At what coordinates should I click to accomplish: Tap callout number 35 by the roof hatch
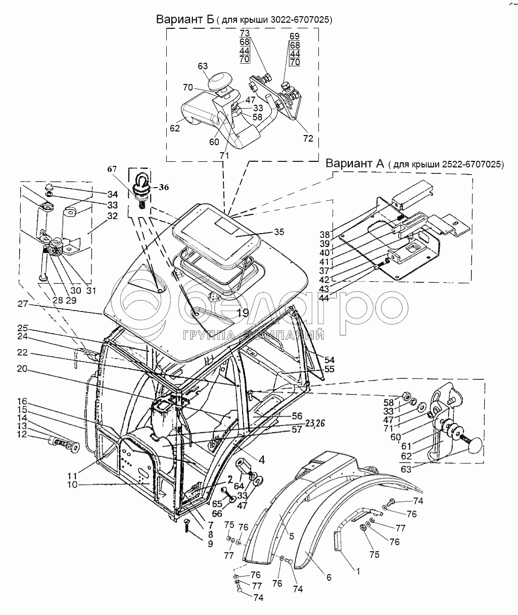[x=278, y=232]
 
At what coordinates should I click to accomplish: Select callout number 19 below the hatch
[x=243, y=313]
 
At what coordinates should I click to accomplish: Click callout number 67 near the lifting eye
[x=112, y=169]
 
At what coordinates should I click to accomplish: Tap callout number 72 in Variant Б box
[x=308, y=138]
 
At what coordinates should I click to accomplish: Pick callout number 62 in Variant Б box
[x=174, y=128]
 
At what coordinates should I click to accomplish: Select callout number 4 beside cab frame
[x=262, y=460]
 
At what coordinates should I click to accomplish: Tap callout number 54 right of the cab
[x=329, y=360]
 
